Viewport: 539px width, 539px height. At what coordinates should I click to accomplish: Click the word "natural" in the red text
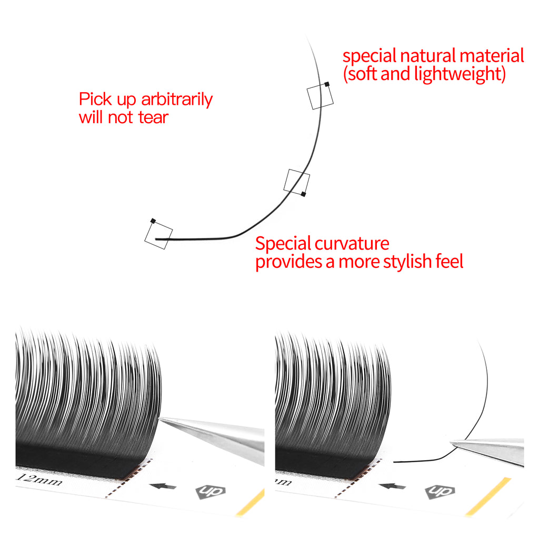tap(427, 56)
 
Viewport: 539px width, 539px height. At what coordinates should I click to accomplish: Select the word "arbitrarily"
tap(177, 99)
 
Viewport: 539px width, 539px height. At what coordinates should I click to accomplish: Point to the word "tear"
tap(153, 117)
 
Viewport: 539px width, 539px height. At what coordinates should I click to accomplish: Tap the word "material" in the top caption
tap(492, 56)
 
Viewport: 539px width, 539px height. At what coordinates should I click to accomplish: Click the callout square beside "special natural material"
tap(321, 96)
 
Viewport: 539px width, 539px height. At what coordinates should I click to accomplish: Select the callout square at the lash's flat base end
tap(158, 235)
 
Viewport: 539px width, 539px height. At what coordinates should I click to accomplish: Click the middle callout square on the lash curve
tap(297, 182)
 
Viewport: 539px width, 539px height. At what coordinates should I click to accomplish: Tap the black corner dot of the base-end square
tap(153, 221)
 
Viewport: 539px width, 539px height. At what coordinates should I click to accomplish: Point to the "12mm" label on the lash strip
tap(40, 479)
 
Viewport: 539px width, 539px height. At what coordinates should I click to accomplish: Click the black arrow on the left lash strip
tap(163, 486)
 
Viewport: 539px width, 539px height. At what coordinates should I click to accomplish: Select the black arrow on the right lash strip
tap(392, 486)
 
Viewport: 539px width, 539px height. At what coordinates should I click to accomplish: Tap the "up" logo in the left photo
tap(211, 492)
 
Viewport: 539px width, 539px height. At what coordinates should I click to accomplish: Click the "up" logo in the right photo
tap(440, 492)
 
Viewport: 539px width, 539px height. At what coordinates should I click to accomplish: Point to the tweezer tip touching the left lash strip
tap(160, 418)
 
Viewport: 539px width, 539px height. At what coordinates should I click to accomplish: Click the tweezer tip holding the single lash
tap(452, 443)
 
